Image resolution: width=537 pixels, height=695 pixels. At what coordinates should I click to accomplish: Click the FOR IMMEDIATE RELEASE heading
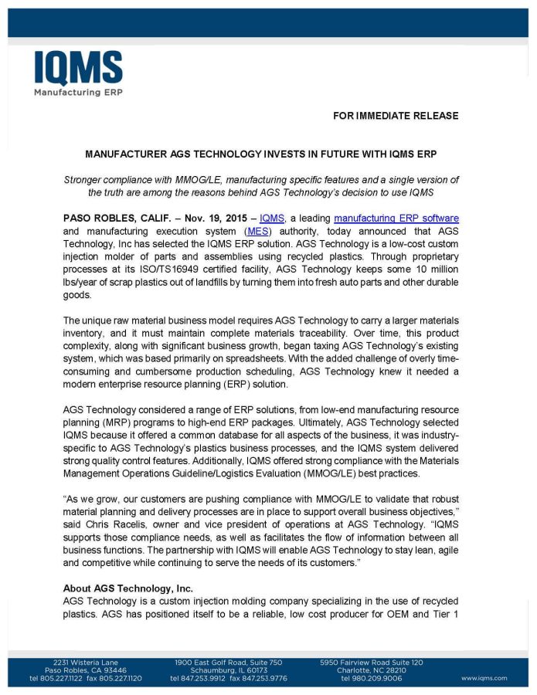pos(396,116)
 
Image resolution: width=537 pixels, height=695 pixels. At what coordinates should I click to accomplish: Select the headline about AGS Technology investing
pos(260,154)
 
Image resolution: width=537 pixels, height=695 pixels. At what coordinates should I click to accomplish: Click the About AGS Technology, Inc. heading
pos(127,588)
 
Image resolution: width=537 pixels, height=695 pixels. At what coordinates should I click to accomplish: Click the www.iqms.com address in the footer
pos(484,678)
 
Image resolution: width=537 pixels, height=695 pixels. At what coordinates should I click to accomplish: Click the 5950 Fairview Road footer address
pos(371,663)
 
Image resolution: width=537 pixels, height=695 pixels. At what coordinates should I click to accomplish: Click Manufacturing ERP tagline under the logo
pos(77,92)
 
